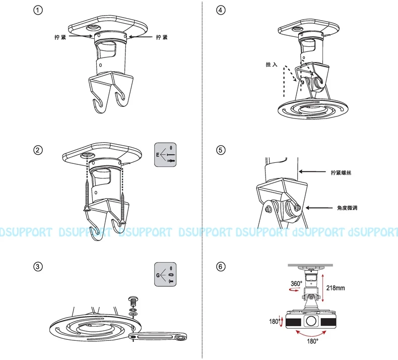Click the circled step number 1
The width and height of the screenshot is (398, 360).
[x=38, y=10]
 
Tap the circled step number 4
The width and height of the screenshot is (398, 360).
[x=221, y=10]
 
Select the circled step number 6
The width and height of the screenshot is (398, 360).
[x=221, y=267]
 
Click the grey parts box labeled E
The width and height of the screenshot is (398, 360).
[x=165, y=155]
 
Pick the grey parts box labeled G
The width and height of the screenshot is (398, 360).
[x=165, y=274]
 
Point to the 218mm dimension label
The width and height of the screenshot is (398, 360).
[x=336, y=288]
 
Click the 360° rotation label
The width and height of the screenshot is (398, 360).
[x=296, y=283]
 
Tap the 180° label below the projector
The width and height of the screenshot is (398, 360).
[x=312, y=341]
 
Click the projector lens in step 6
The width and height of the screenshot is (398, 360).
[x=311, y=321]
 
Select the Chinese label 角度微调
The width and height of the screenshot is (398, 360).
[x=347, y=208]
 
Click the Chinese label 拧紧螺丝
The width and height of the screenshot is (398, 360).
[x=341, y=173]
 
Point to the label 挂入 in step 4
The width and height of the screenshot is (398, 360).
[x=272, y=65]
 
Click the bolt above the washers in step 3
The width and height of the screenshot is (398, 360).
[x=134, y=301]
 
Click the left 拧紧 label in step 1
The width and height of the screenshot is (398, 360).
[x=60, y=37]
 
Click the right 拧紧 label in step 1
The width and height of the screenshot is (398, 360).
[x=162, y=37]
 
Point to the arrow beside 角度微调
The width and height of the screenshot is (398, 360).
[x=319, y=208]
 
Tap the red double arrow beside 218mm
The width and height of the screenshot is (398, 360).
[x=322, y=288]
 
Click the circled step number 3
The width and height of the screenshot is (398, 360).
[x=38, y=267]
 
